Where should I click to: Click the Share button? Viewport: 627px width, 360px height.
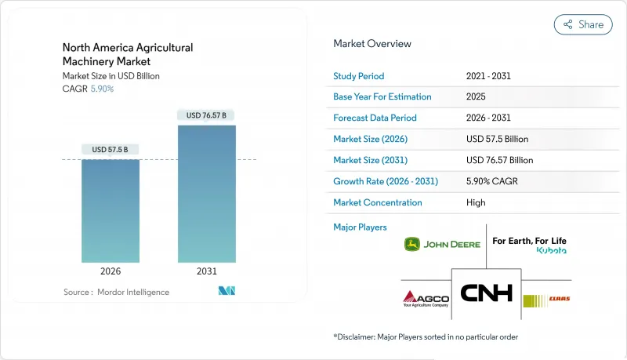coord(583,24)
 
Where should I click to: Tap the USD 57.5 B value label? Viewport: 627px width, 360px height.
coord(111,149)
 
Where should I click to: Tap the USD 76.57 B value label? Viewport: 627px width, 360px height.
coord(207,115)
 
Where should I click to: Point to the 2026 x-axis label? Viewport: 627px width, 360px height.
coord(111,271)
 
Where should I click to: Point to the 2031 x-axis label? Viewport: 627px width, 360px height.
coord(207,271)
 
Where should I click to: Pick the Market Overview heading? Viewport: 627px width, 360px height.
coord(372,44)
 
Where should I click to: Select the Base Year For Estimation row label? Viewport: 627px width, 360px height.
coord(382,97)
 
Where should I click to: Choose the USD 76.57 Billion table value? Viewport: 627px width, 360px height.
coord(499,160)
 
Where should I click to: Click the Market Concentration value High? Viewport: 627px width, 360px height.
coord(476,202)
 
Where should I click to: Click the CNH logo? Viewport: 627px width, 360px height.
coord(486,293)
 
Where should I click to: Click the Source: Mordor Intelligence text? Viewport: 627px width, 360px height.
coord(116,292)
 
